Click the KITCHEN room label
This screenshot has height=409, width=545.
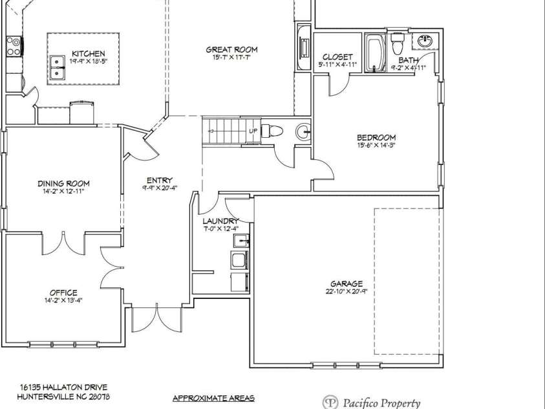click(x=89, y=54)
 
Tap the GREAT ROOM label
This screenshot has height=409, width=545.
click(x=231, y=50)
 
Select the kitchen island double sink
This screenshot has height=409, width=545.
click(x=57, y=67)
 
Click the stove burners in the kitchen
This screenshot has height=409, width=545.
click(x=14, y=47)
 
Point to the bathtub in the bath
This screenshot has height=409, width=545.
click(x=376, y=53)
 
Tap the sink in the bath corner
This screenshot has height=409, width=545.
click(x=425, y=41)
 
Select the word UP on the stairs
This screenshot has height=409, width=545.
click(x=253, y=131)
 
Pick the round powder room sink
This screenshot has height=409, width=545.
click(x=303, y=132)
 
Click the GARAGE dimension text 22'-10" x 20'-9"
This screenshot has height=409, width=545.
click(x=347, y=291)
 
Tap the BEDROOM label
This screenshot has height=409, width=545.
click(x=376, y=137)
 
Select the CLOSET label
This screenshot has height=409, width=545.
click(x=337, y=57)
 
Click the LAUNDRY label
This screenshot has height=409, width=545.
click(x=220, y=221)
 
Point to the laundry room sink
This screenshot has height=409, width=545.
click(x=241, y=241)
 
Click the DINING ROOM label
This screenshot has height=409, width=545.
click(x=63, y=183)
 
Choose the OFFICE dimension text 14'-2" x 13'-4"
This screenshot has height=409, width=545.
click(x=63, y=300)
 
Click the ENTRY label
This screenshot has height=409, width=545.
click(x=160, y=180)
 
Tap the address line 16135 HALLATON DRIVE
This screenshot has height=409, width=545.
click(x=63, y=387)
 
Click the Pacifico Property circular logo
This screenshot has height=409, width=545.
click(x=330, y=402)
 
